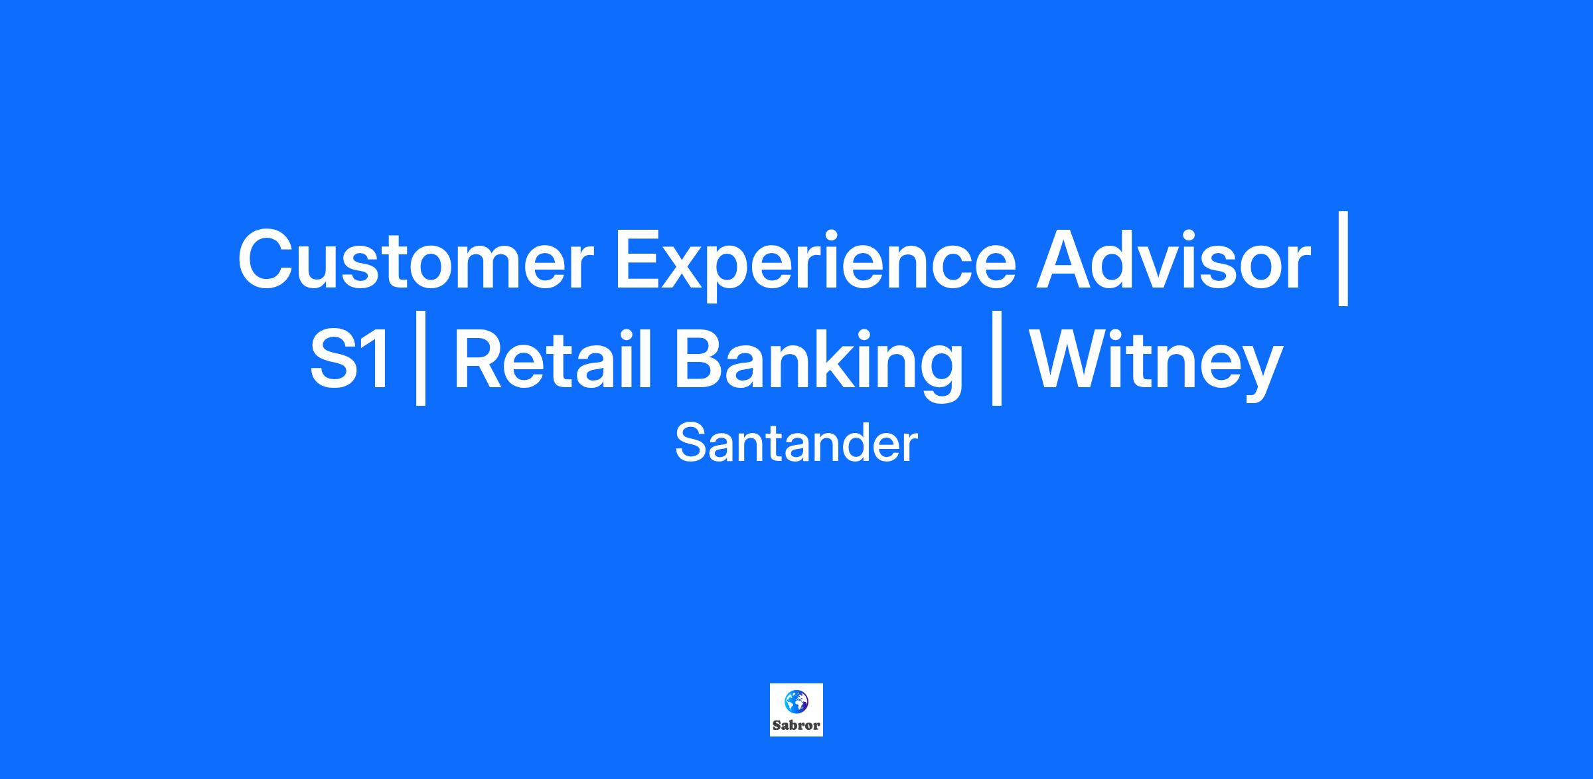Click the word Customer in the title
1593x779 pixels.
click(x=416, y=260)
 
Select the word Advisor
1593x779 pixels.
click(x=1174, y=258)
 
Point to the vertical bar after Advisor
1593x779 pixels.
click(x=1343, y=259)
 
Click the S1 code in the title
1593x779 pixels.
click(x=350, y=362)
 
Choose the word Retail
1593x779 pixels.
click(x=553, y=359)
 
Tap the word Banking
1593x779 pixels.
click(x=818, y=365)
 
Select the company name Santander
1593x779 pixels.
click(x=796, y=444)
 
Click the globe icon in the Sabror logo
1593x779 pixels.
click(x=796, y=701)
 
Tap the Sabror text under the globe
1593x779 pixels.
click(x=796, y=725)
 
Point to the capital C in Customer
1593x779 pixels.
click(x=267, y=260)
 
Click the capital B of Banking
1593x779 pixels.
click(x=701, y=359)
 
